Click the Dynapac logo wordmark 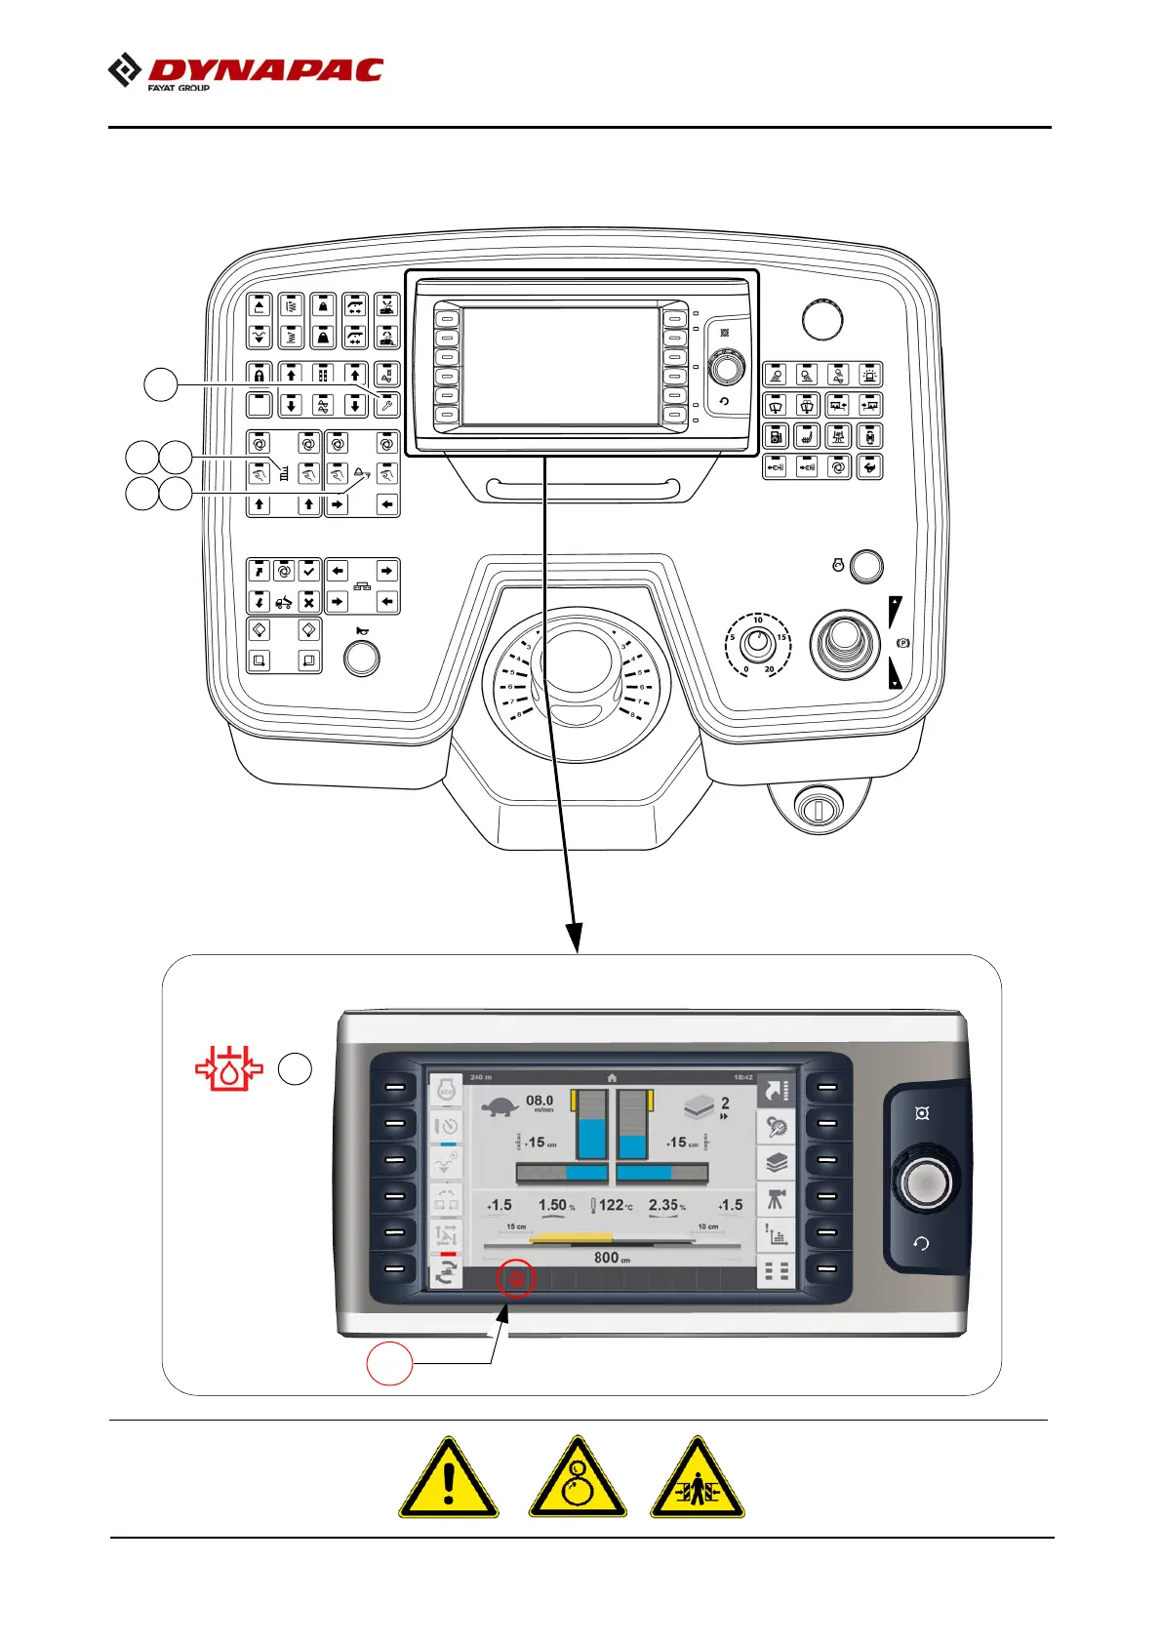click(x=264, y=71)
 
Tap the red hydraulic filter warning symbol click(x=229, y=1068)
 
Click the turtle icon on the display click(x=500, y=1106)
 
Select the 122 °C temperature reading click(x=615, y=1205)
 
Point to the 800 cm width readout click(x=612, y=1258)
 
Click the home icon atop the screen click(x=612, y=1077)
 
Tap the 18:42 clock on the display click(x=742, y=1077)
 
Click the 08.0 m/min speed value click(x=540, y=1102)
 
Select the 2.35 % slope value click(x=666, y=1205)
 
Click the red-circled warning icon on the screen click(x=516, y=1277)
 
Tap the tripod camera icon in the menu click(x=776, y=1200)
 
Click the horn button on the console click(x=362, y=658)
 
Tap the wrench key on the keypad click(x=386, y=405)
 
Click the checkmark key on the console click(x=308, y=571)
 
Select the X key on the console click(x=308, y=601)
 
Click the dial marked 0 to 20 click(x=757, y=643)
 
